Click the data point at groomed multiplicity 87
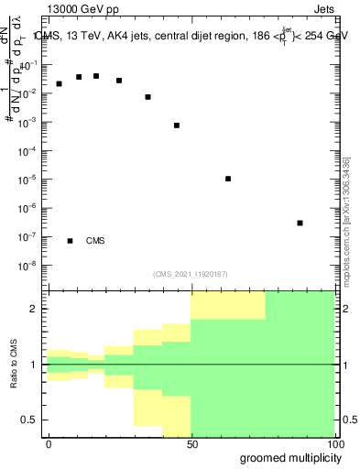300,223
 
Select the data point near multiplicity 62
228,179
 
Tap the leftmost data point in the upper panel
59,83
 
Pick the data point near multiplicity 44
177,125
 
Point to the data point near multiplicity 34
147,96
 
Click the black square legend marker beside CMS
70,241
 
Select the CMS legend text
95,241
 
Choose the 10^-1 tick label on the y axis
29,65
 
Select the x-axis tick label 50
191,443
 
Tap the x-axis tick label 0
49,443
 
